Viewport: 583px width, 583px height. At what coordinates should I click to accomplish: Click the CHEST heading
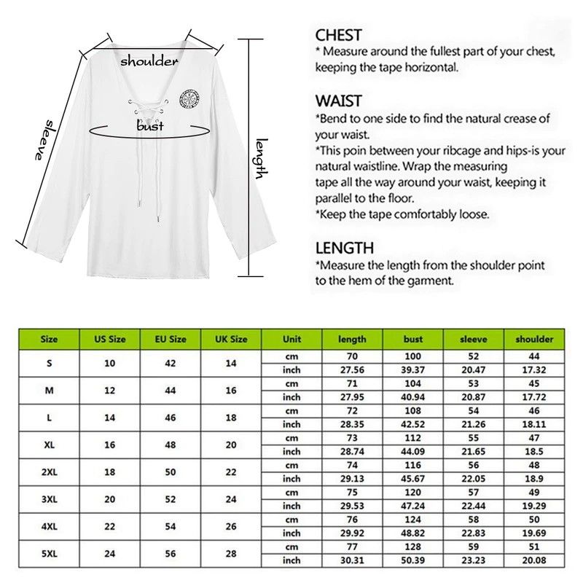pos(338,35)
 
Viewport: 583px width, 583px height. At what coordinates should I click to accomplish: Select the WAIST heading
pos(338,101)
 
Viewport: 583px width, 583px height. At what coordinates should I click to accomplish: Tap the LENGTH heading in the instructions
pos(345,249)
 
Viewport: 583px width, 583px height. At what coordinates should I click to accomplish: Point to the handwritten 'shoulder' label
pos(149,61)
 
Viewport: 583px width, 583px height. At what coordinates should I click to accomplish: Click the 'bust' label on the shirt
pos(150,125)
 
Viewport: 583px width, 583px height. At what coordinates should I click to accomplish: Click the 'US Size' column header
pos(110,339)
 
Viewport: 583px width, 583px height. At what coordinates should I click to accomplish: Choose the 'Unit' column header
pos(291,339)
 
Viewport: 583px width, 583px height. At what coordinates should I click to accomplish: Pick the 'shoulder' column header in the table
pos(534,339)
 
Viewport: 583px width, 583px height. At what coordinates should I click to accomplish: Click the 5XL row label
pos(49,553)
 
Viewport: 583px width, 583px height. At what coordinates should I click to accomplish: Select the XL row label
pos(49,445)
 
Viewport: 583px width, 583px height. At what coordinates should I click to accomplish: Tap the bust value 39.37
pos(413,370)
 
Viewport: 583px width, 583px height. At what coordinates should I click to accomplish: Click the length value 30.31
pos(353,560)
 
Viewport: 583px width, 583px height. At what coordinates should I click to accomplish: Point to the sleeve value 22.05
pos(474,479)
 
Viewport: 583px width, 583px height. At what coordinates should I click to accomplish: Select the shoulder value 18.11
pos(534,424)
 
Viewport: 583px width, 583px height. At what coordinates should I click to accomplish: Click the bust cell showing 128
pos(413,546)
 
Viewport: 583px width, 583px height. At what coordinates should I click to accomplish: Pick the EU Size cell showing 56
pos(171,553)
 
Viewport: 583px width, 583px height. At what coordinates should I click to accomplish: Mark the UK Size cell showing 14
pos(231,363)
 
